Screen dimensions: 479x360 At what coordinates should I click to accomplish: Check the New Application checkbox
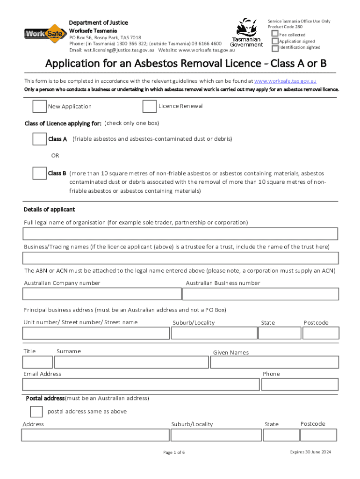pyautogui.click(x=39, y=106)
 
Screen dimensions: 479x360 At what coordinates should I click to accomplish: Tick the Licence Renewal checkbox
pyautogui.click(x=150, y=106)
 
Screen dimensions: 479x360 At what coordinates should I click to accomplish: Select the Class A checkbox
pyautogui.click(x=39, y=139)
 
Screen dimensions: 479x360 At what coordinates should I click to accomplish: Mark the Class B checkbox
pyautogui.click(x=39, y=173)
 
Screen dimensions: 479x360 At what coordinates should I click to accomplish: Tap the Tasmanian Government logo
pyautogui.click(x=246, y=32)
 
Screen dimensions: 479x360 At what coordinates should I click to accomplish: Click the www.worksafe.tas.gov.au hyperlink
pyautogui.click(x=285, y=81)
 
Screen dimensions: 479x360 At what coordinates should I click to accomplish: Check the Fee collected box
pyautogui.click(x=275, y=34)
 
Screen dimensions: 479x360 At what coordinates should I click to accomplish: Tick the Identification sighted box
pyautogui.click(x=275, y=48)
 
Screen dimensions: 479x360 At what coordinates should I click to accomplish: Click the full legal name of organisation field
pyautogui.click(x=180, y=233)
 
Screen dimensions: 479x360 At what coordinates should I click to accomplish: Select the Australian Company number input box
pyautogui.click(x=102, y=294)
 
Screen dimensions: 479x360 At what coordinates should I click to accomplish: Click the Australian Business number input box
pyautogui.click(x=260, y=294)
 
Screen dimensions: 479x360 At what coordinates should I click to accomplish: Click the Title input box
pyautogui.click(x=37, y=362)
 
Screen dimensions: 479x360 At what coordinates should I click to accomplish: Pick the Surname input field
pyautogui.click(x=131, y=362)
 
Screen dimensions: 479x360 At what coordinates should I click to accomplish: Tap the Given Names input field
pyautogui.click(x=274, y=362)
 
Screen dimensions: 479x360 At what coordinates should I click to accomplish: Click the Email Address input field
pyautogui.click(x=141, y=385)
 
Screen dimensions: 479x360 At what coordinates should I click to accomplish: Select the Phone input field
pyautogui.click(x=300, y=385)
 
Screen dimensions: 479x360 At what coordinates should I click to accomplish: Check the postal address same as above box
pyautogui.click(x=36, y=412)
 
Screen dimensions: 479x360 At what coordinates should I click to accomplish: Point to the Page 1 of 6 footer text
pyautogui.click(x=174, y=452)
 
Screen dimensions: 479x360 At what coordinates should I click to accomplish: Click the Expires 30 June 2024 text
pyautogui.click(x=310, y=452)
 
